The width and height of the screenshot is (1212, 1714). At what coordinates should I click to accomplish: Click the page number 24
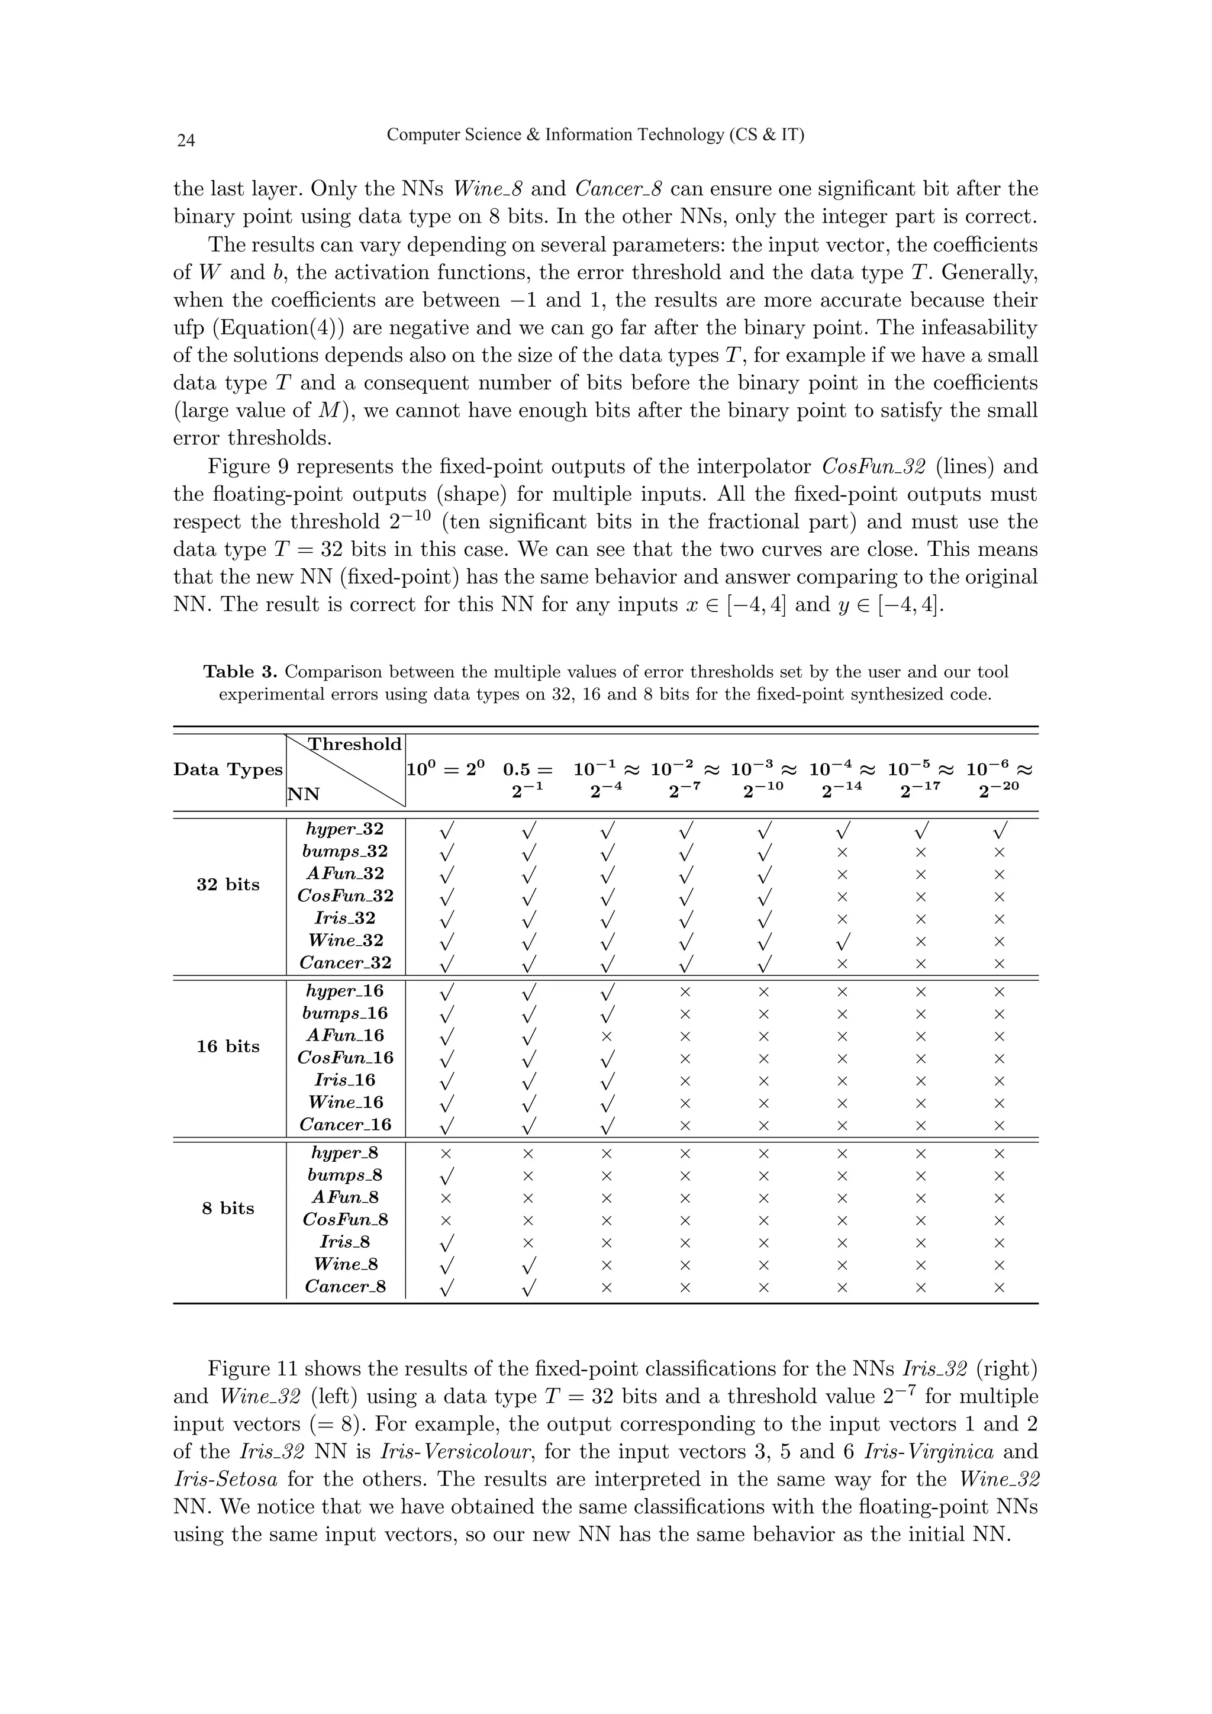tap(186, 140)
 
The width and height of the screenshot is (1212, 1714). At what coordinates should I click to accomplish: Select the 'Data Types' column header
tap(228, 769)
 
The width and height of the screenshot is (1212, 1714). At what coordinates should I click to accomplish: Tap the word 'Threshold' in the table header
tap(355, 745)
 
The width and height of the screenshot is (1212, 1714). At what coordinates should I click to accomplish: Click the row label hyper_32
tap(345, 829)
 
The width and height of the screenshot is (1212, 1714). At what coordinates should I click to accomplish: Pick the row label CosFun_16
tap(345, 1058)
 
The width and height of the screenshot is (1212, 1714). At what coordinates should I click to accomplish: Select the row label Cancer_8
tap(345, 1287)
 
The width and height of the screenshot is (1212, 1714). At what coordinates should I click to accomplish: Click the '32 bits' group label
tap(228, 885)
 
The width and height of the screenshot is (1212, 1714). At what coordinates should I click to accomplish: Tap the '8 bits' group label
tap(228, 1209)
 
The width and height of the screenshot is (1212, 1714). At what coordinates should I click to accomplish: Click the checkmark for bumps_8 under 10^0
tap(446, 1177)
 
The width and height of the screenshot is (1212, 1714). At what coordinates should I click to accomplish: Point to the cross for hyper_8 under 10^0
tap(446, 1154)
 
